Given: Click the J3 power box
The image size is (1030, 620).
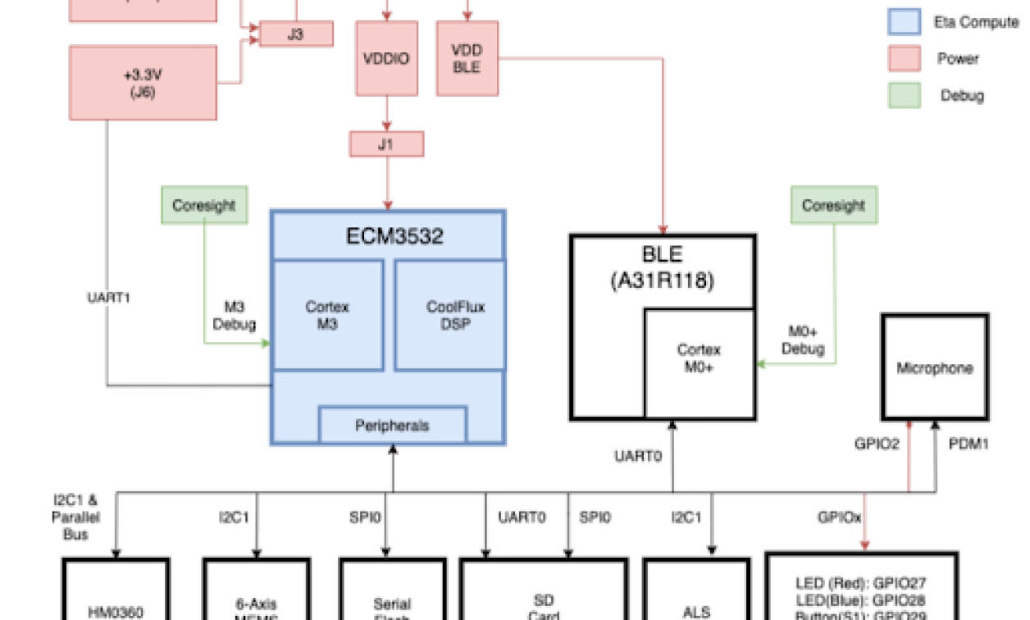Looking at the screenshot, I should pyautogui.click(x=296, y=34).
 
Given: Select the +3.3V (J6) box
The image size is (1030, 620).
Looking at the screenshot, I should pyautogui.click(x=143, y=83).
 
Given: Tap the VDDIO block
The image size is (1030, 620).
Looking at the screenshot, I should pyautogui.click(x=385, y=58).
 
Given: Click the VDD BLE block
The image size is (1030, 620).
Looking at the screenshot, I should pyautogui.click(x=467, y=58).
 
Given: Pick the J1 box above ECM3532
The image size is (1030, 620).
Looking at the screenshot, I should pyautogui.click(x=386, y=144).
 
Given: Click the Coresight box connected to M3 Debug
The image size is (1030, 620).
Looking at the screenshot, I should pyautogui.click(x=205, y=205).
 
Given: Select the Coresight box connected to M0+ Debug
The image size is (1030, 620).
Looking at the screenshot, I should pyautogui.click(x=833, y=205).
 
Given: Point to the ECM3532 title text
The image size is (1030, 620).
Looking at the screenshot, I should pyautogui.click(x=394, y=237).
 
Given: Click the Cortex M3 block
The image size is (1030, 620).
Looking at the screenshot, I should pyautogui.click(x=327, y=316).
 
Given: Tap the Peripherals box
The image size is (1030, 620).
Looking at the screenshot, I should pyautogui.click(x=392, y=426).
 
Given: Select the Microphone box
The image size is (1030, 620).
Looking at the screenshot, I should pyautogui.click(x=934, y=368).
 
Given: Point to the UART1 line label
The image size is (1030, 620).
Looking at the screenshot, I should pyautogui.click(x=108, y=297).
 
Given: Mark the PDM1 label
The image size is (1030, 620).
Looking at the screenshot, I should pyautogui.click(x=968, y=444).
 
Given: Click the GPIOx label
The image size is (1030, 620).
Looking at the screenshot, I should pyautogui.click(x=839, y=517).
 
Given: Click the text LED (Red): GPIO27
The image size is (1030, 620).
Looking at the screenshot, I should pyautogui.click(x=861, y=584).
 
